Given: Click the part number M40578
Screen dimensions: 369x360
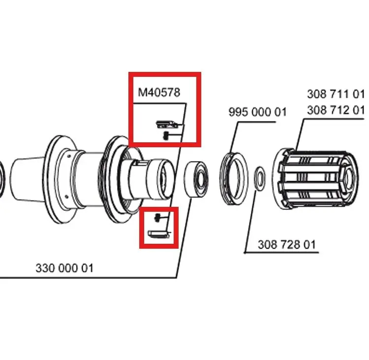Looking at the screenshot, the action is click(x=159, y=93).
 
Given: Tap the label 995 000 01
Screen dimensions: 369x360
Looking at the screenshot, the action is click(x=258, y=112).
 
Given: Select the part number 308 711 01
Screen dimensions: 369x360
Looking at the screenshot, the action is click(x=336, y=94).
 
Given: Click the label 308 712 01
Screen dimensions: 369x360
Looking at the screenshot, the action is click(x=336, y=110).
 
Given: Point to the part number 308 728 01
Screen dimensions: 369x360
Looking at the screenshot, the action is click(x=287, y=245).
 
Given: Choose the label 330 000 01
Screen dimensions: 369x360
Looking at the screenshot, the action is click(x=64, y=268).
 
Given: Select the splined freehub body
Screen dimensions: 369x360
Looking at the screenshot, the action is click(x=316, y=180).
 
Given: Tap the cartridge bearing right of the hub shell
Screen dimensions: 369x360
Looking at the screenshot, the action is click(x=196, y=179).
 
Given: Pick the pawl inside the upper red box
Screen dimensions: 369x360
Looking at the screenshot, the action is click(x=168, y=124).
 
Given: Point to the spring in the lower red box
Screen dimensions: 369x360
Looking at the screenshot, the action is click(x=157, y=218).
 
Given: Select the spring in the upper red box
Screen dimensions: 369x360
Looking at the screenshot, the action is click(x=166, y=135).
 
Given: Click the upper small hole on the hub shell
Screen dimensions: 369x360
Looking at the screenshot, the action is click(x=69, y=156).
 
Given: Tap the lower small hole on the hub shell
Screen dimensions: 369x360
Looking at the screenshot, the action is click(x=66, y=196).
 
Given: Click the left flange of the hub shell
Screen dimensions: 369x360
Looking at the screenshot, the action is click(x=48, y=179).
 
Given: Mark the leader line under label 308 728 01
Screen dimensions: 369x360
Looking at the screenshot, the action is click(x=281, y=253).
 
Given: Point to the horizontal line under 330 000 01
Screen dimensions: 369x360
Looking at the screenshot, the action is click(x=88, y=278).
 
